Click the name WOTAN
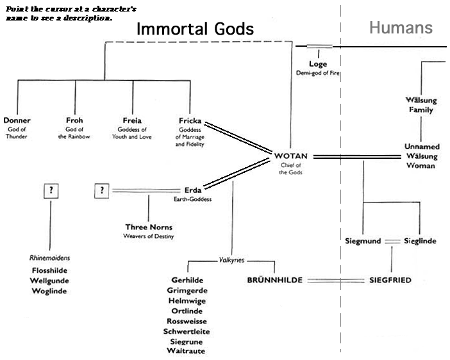click(291, 156)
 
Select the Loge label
click(318, 64)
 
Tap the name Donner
click(17, 120)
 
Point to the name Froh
click(74, 120)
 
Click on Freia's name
click(132, 120)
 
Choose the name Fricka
click(190, 120)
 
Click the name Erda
click(192, 190)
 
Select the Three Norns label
click(149, 227)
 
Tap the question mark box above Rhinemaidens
click(49, 190)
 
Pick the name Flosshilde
click(49, 270)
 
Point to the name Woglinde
click(49, 291)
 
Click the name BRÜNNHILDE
click(275, 281)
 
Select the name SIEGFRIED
click(390, 281)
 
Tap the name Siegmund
click(363, 241)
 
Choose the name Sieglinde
click(420, 241)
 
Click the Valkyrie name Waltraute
click(186, 351)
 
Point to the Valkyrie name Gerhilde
click(188, 281)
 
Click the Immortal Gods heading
click(196, 29)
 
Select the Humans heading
click(401, 28)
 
